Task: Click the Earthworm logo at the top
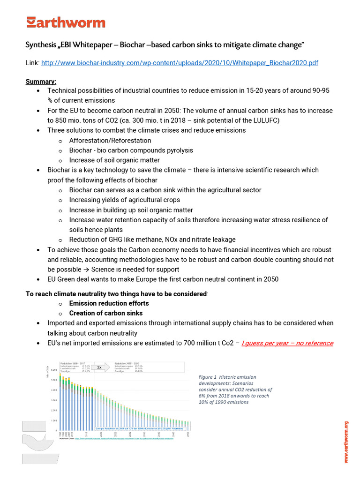click(66, 22)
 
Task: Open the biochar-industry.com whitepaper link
click(180, 62)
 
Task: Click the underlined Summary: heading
click(41, 81)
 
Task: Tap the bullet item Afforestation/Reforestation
click(110, 140)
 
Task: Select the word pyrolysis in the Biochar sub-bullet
click(177, 150)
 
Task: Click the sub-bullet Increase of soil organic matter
click(114, 160)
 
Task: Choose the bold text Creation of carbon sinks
click(106, 313)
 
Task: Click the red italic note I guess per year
click(287, 343)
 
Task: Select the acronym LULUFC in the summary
click(255, 120)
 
